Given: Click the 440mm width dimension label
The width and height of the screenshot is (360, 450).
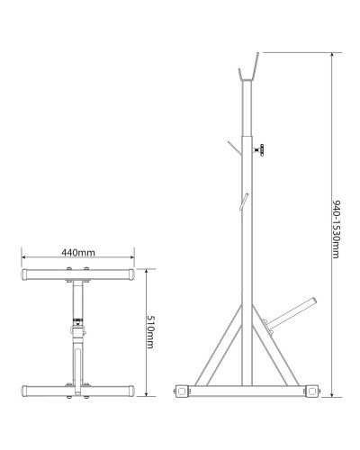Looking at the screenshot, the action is [78, 253].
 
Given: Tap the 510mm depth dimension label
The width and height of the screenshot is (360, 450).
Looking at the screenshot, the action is [150, 332].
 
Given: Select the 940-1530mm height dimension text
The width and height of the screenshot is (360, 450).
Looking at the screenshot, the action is [337, 229].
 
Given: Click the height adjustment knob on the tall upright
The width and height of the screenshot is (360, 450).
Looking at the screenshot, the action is [259, 150].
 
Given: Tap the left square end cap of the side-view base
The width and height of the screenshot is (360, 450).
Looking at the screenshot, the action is [182, 391].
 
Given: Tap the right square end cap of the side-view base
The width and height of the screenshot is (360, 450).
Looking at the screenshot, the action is [311, 391].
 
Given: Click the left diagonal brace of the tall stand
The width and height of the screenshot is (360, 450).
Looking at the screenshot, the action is [218, 345].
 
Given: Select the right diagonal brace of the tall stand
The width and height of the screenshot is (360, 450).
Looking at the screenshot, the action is [276, 345].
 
